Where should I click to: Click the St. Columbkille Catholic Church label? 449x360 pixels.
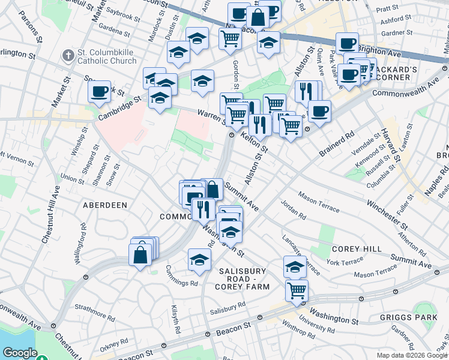coord(106,56)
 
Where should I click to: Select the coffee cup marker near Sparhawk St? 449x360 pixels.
coord(99,92)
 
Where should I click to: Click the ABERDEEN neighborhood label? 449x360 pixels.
coord(105,205)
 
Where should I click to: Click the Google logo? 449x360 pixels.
coord(20,353)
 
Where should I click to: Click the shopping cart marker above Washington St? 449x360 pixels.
coord(297,290)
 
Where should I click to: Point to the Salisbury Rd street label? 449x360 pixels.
coord(228,307)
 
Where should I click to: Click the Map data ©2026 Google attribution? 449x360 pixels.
coord(412,355)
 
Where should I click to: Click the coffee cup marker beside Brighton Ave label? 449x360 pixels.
coord(346,44)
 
